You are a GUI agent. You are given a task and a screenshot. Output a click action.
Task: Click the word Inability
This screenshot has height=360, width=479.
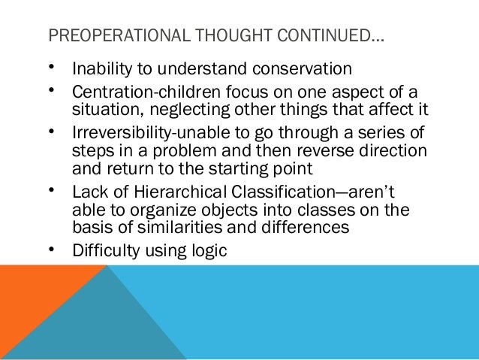(x=100, y=69)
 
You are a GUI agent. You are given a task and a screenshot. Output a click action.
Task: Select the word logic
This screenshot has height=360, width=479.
(x=207, y=247)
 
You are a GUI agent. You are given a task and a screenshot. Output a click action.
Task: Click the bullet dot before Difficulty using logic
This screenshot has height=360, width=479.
(x=50, y=247)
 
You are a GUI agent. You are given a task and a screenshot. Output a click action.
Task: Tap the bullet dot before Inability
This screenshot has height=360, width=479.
(x=50, y=69)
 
